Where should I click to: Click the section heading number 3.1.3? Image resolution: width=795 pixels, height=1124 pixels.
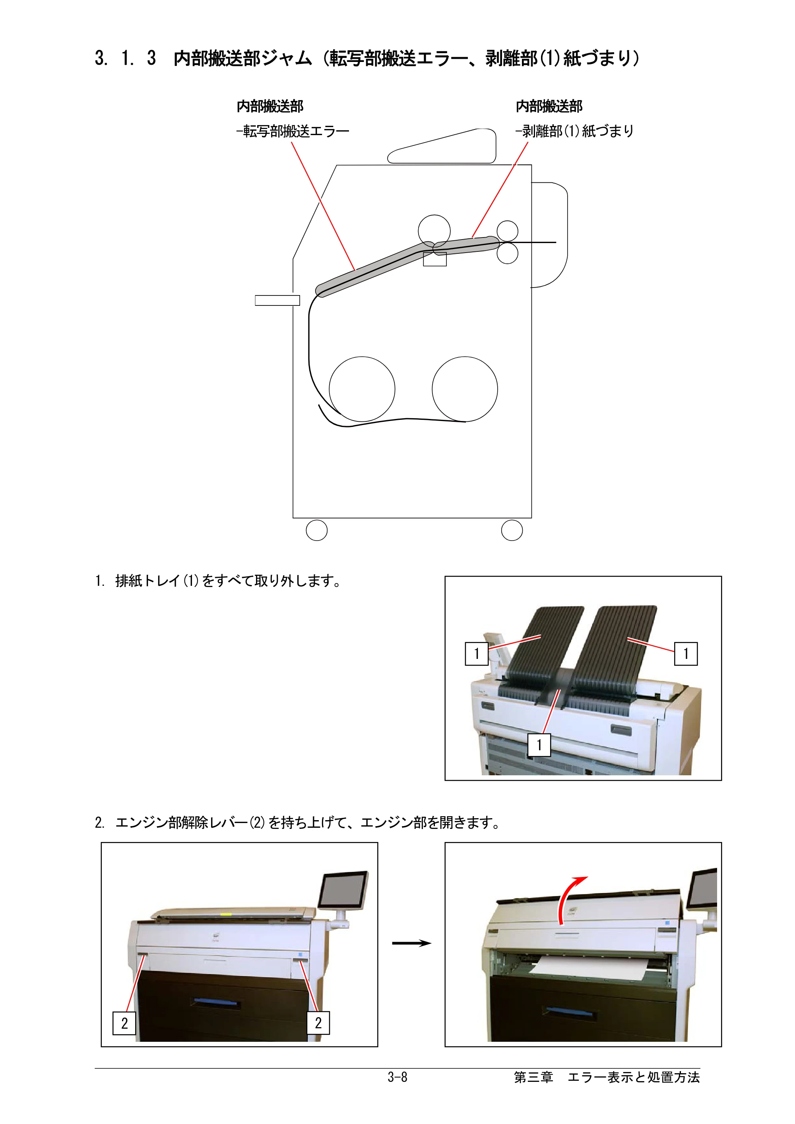(x=125, y=58)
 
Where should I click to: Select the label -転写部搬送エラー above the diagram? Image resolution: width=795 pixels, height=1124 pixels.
(x=293, y=131)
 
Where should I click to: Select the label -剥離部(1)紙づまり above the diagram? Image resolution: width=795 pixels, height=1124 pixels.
(x=574, y=131)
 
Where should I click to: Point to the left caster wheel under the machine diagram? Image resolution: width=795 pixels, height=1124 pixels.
(x=316, y=530)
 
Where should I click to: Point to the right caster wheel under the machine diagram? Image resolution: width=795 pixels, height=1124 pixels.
(x=512, y=530)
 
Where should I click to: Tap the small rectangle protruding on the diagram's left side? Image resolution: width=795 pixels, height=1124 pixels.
(x=277, y=300)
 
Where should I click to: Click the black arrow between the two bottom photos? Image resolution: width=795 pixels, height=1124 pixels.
(x=411, y=943)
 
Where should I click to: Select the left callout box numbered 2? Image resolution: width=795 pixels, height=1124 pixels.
(x=124, y=1023)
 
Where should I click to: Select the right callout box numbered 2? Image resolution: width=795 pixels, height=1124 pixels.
(x=318, y=1023)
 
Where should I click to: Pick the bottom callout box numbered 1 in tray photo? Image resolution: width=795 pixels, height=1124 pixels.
(x=539, y=745)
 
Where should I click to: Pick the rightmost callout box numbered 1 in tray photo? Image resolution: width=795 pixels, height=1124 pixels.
(x=686, y=653)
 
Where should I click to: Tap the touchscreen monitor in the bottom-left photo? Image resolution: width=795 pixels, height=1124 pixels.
(x=343, y=890)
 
